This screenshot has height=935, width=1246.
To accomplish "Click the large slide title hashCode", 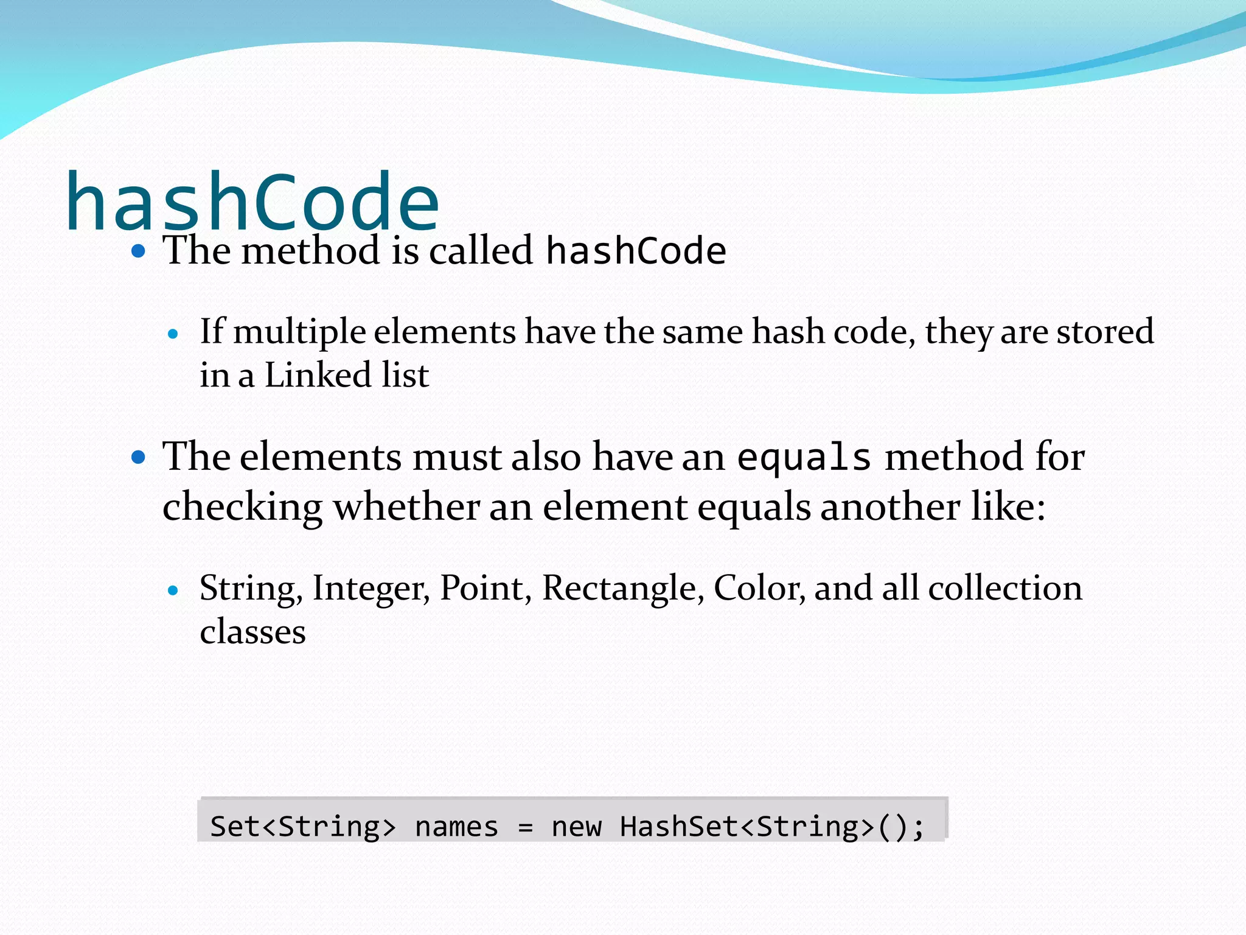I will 252,202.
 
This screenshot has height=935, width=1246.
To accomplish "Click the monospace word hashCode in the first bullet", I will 636,251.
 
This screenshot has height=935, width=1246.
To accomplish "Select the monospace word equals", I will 804,457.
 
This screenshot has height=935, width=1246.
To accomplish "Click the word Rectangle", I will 622,588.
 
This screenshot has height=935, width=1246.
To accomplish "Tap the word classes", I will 252,632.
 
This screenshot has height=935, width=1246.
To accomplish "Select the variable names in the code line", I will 456,827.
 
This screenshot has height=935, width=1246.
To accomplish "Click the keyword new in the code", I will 576,827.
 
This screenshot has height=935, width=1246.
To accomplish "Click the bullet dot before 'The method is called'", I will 139,251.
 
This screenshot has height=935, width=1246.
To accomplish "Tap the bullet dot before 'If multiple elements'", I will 173,334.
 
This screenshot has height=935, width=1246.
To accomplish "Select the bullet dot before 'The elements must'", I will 139,457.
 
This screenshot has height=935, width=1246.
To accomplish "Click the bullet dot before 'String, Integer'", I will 173,590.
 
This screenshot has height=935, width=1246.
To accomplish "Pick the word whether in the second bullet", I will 406,506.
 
